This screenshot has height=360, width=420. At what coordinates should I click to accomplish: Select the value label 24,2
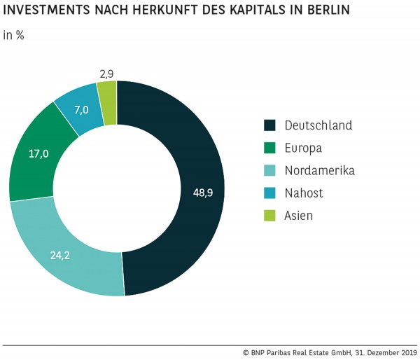59,256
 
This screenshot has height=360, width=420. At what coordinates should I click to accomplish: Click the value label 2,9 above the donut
107,72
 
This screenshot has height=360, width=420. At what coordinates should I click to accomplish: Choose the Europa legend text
303,148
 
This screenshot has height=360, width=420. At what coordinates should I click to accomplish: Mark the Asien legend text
299,216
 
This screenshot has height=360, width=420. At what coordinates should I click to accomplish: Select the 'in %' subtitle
14,36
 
